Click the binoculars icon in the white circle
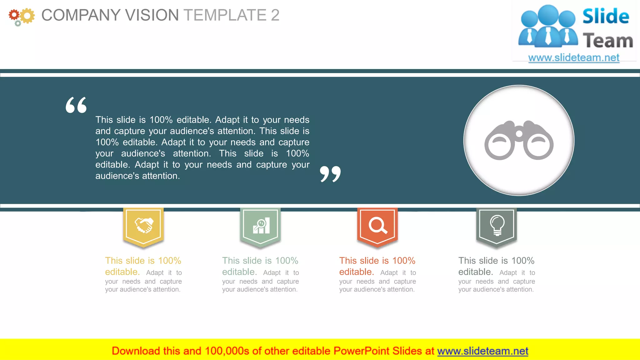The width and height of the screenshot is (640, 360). (x=519, y=140)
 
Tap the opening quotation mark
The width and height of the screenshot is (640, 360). (x=76, y=105)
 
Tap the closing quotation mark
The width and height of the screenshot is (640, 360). (x=330, y=174)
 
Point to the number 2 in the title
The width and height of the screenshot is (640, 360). (x=275, y=15)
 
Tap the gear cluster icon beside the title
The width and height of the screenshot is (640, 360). (x=21, y=17)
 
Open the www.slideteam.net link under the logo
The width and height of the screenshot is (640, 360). (x=574, y=58)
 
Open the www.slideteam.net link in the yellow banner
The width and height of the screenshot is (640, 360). (x=482, y=351)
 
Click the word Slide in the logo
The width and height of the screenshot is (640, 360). (x=606, y=17)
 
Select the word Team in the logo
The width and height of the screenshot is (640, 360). (x=608, y=41)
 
